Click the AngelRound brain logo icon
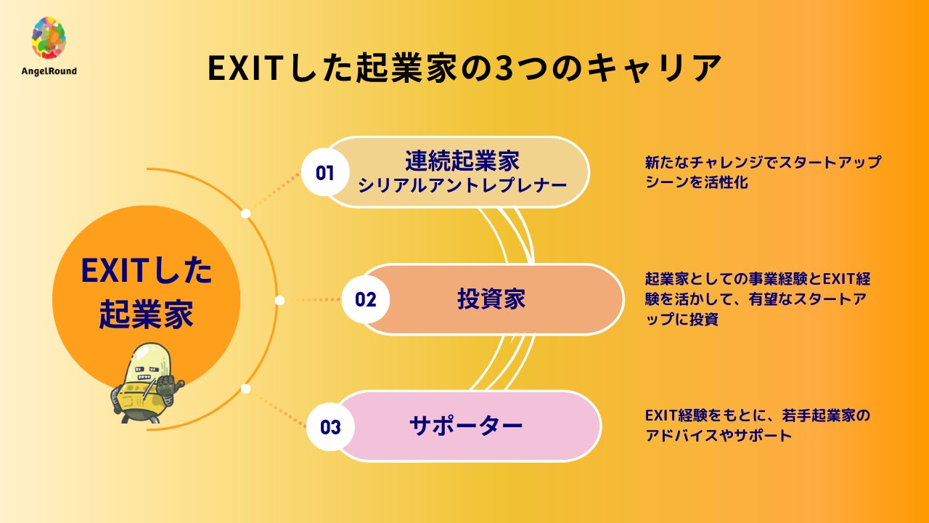(x=49, y=38)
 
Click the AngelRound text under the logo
(x=49, y=71)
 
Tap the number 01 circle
(x=324, y=173)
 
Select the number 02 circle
(x=366, y=299)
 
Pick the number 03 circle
(x=330, y=426)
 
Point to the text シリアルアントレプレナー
(x=462, y=185)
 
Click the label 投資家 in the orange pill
(x=491, y=299)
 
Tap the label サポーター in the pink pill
(x=466, y=426)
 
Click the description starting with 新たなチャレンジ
(x=762, y=172)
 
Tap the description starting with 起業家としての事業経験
(x=758, y=299)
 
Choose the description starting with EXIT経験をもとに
(x=756, y=426)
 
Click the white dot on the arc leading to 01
(x=245, y=214)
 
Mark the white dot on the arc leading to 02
(x=279, y=299)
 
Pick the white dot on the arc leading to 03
(x=245, y=389)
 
